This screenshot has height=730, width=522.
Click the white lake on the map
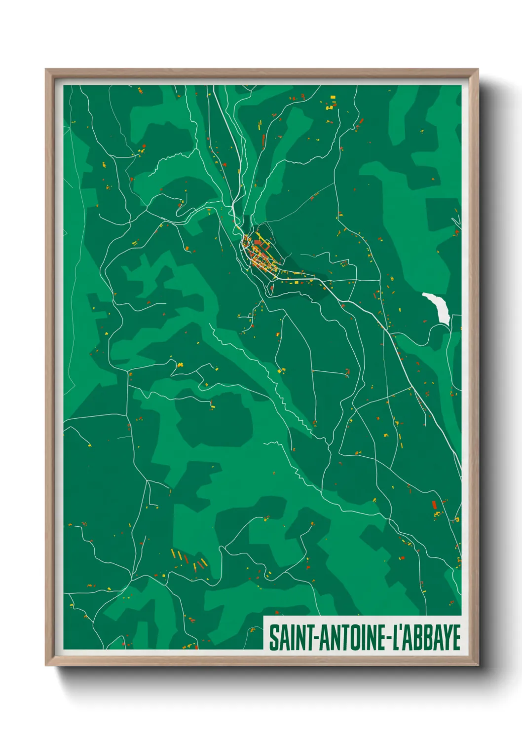click(x=438, y=307)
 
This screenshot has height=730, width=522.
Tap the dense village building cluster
click(x=258, y=254)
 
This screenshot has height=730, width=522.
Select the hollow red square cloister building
click(x=258, y=242)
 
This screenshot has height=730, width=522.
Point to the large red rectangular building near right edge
click(x=434, y=505)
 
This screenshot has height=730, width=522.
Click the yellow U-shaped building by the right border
click(x=456, y=519)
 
